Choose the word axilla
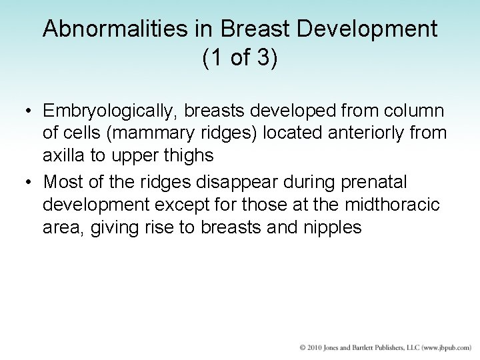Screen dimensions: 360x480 tap(62, 156)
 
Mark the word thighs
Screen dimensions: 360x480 tap(191, 156)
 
